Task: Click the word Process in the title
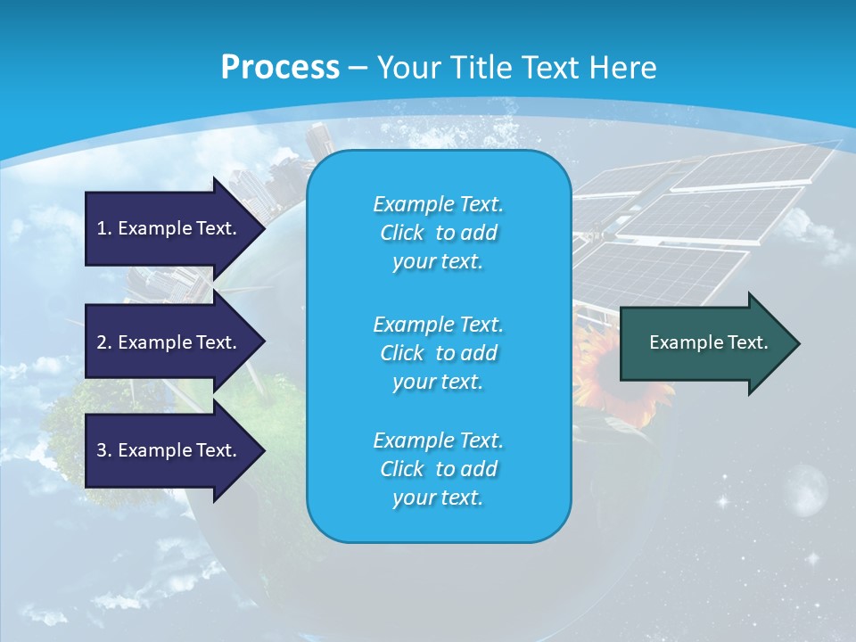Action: pyautogui.click(x=280, y=67)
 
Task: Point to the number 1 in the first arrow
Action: pyautogui.click(x=102, y=228)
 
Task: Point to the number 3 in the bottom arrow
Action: pyautogui.click(x=102, y=450)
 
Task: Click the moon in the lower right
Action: pyautogui.click(x=806, y=489)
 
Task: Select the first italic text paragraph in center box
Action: pyautogui.click(x=438, y=233)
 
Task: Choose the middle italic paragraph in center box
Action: pyautogui.click(x=438, y=353)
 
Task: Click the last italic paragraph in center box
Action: pyautogui.click(x=438, y=469)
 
